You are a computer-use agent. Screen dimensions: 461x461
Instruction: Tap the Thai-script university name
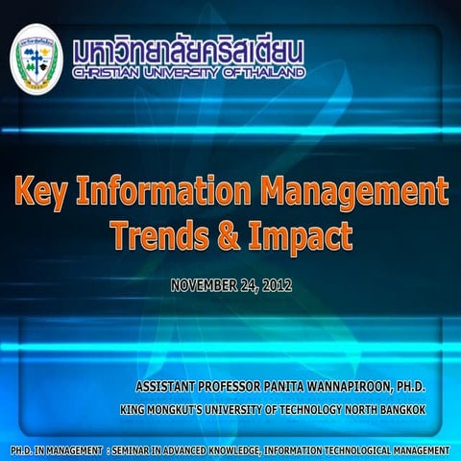(x=188, y=49)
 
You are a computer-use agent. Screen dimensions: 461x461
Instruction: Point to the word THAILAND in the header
(x=274, y=72)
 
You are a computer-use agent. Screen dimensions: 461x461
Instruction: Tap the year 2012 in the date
(x=274, y=285)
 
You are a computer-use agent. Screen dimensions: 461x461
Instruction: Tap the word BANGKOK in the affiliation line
(x=398, y=410)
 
